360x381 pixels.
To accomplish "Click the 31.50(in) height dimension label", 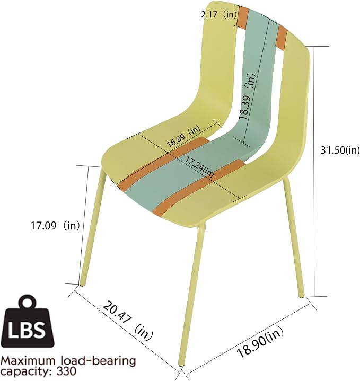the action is (x=340, y=150).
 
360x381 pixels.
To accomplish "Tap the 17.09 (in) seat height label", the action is (x=55, y=226).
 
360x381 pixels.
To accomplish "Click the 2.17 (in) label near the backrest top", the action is (x=219, y=15).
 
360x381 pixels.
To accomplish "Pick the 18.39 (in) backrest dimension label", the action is (x=248, y=96).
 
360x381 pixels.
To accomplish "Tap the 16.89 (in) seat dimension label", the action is (x=183, y=137).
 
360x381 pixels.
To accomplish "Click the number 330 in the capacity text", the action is (x=66, y=371).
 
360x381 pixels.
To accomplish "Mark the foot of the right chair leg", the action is (x=302, y=295).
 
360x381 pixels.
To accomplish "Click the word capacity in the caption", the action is (x=27, y=372).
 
